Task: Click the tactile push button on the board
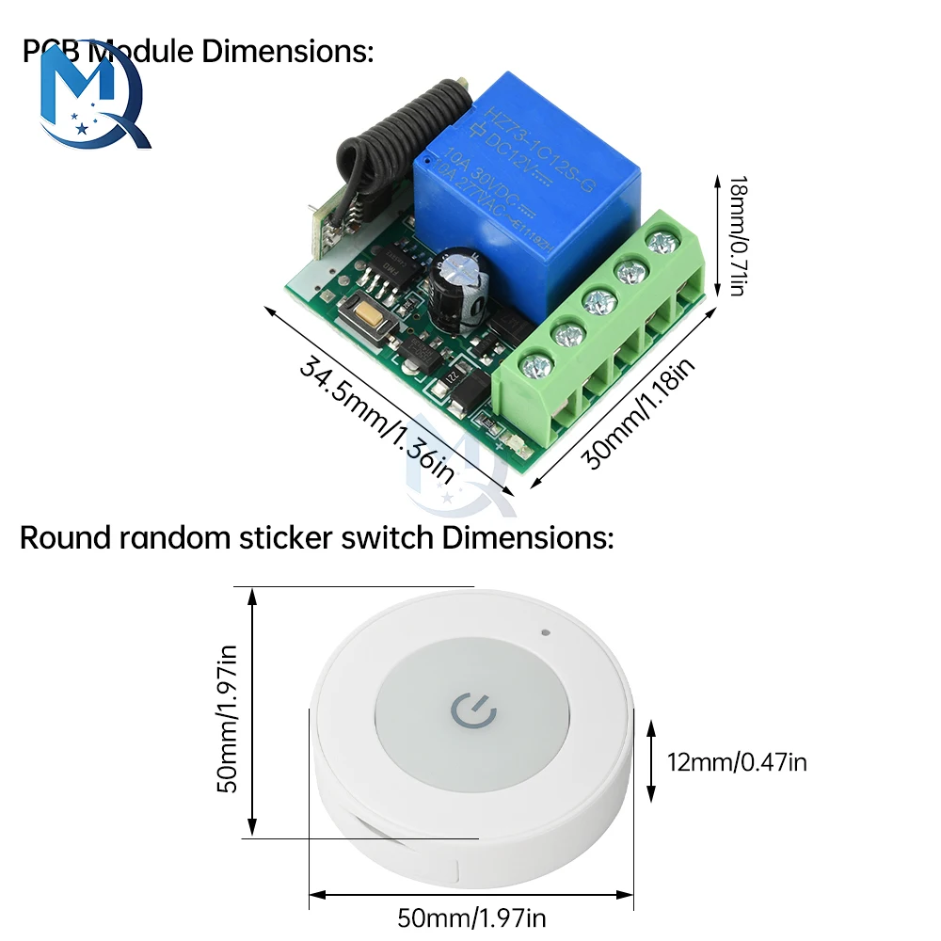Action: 368,320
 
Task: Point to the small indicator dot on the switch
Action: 546,631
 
